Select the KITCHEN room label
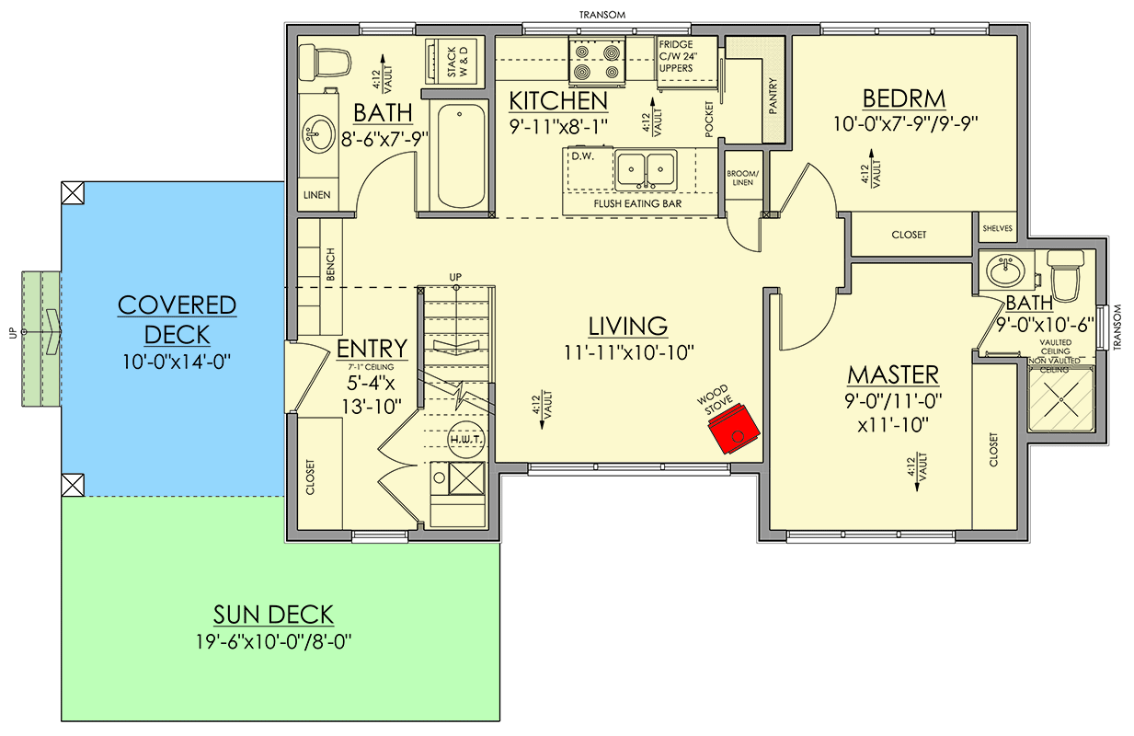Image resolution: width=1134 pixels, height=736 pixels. (x=558, y=100)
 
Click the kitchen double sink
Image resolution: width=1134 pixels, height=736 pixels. (x=646, y=168)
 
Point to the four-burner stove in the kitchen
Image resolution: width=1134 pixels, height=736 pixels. (x=597, y=61)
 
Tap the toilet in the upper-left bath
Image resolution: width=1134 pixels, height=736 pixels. (x=329, y=62)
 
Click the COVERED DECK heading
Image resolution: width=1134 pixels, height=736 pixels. (x=177, y=319)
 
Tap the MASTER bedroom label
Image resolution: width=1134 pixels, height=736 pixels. (x=893, y=374)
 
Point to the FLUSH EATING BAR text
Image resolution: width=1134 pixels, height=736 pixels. (x=637, y=202)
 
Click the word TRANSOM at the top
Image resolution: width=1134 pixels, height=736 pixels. (x=603, y=14)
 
